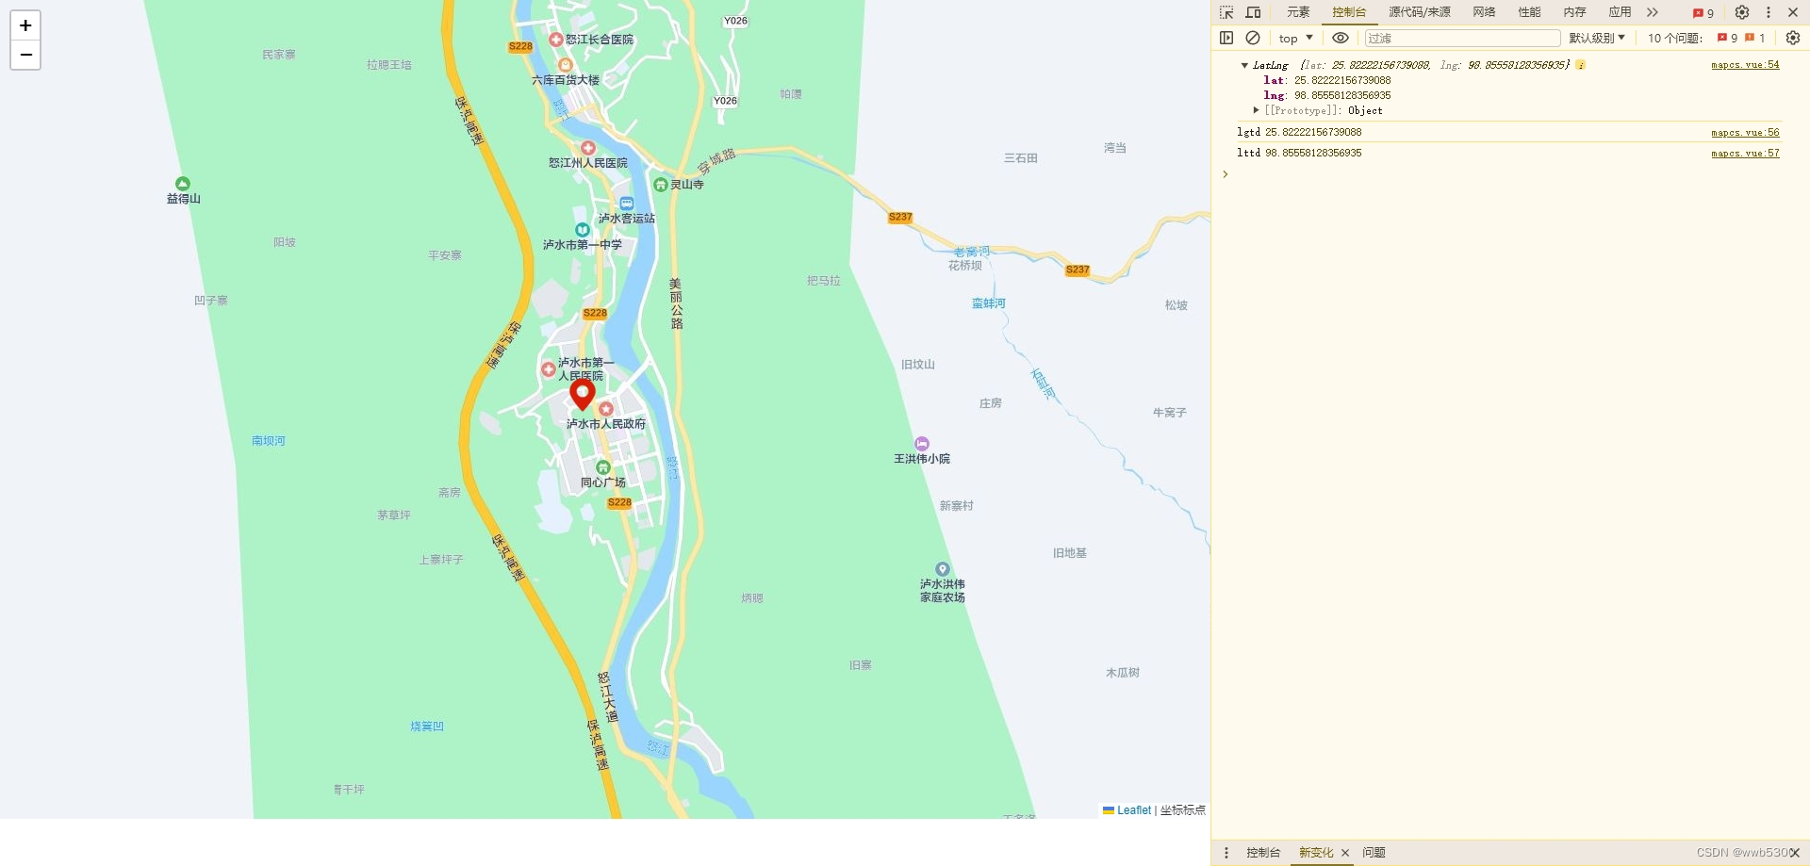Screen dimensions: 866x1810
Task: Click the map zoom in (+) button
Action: (x=25, y=25)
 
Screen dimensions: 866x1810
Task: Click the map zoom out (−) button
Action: (x=25, y=55)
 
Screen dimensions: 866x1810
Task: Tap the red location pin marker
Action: (x=583, y=393)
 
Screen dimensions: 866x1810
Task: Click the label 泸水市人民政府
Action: (x=606, y=424)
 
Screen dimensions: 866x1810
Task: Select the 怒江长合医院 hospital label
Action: (x=599, y=40)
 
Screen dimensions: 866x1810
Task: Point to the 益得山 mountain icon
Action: (x=183, y=184)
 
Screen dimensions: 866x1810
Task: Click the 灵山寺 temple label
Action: (x=686, y=185)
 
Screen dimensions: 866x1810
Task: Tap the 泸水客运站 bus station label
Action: (x=627, y=218)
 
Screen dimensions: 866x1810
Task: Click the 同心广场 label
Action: (x=603, y=482)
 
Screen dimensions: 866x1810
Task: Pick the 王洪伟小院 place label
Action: (x=922, y=459)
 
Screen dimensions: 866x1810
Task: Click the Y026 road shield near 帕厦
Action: (x=725, y=101)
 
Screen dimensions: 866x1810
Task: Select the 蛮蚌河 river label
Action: (x=989, y=303)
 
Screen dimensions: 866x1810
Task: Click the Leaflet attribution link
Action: (x=1133, y=810)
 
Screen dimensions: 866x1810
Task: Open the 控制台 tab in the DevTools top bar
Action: (x=1349, y=12)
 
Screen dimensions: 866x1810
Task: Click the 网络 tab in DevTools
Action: (x=1484, y=12)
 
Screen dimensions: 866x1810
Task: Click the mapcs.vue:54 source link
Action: (x=1745, y=65)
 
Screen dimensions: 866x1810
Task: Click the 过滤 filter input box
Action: (x=1461, y=38)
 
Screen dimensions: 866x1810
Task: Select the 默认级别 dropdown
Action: (x=1596, y=38)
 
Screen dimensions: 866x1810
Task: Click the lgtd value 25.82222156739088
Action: (x=1313, y=133)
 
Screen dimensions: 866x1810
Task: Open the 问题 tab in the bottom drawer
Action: (x=1374, y=853)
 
